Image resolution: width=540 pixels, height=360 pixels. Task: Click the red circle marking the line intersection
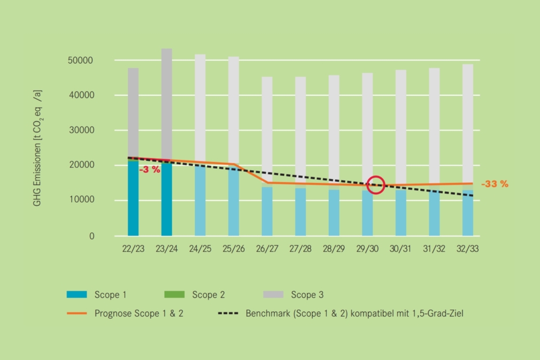coord(376,185)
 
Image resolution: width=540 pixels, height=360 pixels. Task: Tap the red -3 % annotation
coord(150,170)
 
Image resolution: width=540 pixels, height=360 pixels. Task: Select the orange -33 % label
coord(495,184)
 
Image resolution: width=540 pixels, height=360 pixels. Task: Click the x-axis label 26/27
coord(267,249)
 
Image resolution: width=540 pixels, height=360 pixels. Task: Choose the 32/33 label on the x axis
coord(467,249)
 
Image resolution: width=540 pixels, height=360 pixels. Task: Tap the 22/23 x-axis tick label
coord(133,249)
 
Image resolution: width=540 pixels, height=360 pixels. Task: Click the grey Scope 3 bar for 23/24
coord(167,102)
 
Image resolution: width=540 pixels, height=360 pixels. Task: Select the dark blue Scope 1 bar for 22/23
coord(133,198)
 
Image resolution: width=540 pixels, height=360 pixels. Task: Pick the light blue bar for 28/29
coord(334,213)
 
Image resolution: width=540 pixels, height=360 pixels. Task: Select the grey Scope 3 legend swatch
coord(273,294)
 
